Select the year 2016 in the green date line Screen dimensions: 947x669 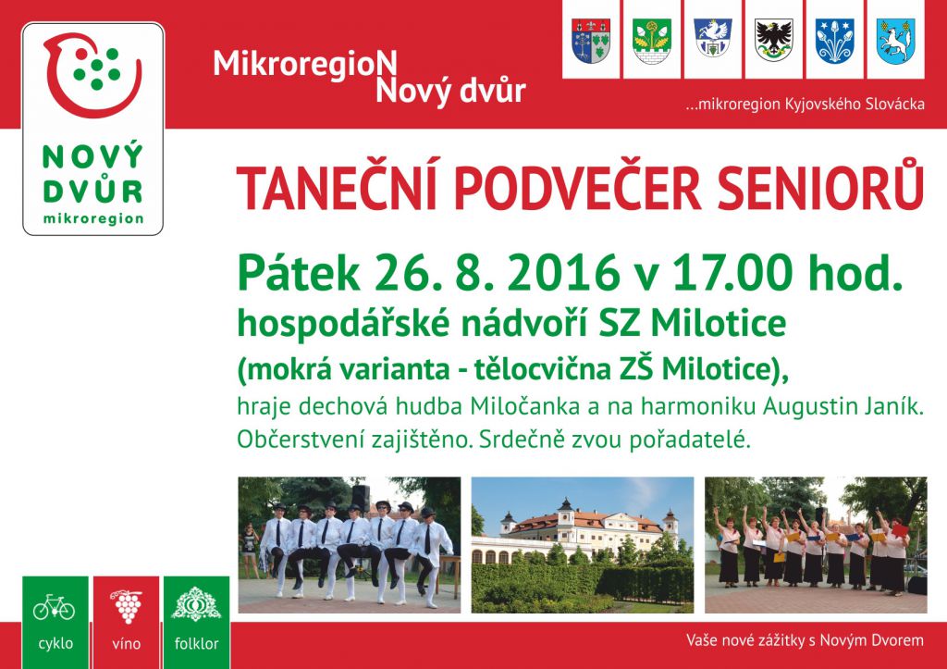point(563,274)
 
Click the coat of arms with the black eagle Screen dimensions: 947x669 point(774,40)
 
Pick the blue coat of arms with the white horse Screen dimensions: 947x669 point(895,41)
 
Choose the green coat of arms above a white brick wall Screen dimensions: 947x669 point(652,41)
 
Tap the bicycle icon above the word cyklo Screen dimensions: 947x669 point(55,607)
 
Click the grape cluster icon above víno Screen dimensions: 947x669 point(126,607)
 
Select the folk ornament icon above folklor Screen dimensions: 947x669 point(196,604)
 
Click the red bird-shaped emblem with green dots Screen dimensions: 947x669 point(92,75)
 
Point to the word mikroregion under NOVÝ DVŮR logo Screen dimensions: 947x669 point(93,218)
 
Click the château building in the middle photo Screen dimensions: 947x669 point(581,528)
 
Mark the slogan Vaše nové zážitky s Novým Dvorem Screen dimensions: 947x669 point(805,640)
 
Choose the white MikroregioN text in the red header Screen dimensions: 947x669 point(305,64)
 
